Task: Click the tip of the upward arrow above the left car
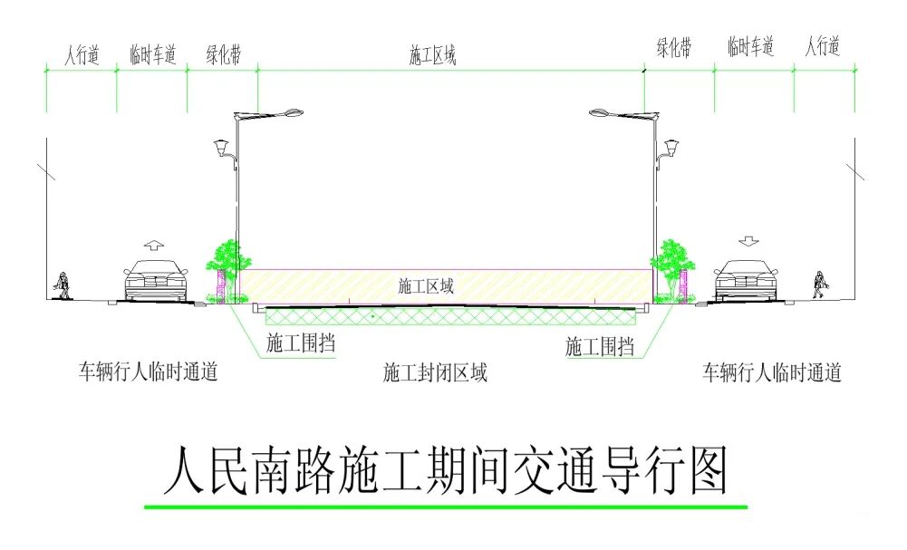(153, 240)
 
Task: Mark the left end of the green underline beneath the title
(145, 507)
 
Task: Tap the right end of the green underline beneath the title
(748, 507)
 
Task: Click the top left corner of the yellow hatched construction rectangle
(239, 270)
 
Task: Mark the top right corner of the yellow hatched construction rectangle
(651, 270)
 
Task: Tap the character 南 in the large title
(269, 470)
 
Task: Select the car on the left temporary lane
(156, 281)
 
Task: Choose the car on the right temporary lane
(747, 281)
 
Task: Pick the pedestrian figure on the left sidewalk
(62, 285)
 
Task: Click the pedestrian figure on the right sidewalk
(820, 285)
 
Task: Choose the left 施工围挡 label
(301, 343)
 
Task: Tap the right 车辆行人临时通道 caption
(772, 372)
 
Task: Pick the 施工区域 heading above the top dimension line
(433, 55)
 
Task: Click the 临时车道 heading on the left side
(153, 55)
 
